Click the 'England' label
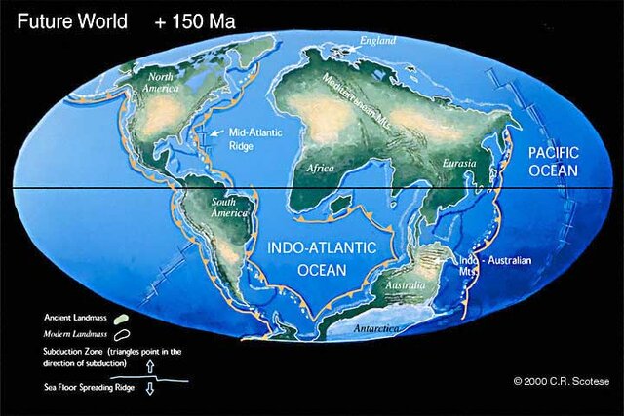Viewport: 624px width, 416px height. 378,41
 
